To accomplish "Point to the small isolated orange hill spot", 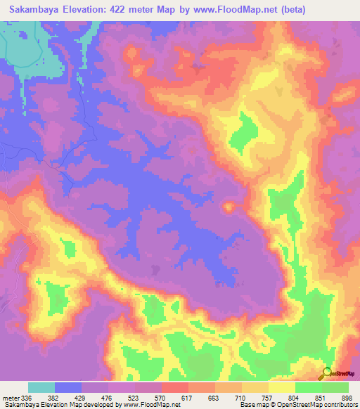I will click(229, 207).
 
